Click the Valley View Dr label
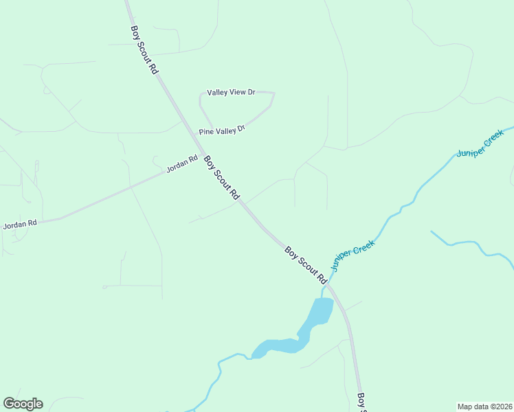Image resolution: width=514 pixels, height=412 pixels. (231, 92)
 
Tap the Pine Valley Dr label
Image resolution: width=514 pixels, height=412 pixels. (221, 130)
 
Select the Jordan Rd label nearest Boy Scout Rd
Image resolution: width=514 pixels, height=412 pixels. (182, 167)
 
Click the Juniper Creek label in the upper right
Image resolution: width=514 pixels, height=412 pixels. (480, 144)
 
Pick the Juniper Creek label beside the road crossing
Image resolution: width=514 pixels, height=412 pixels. (353, 255)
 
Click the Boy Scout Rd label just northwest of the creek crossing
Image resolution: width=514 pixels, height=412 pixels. (306, 266)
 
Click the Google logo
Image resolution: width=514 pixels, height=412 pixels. (23, 404)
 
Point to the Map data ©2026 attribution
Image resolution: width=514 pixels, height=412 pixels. (484, 407)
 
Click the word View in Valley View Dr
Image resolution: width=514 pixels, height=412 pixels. (238, 92)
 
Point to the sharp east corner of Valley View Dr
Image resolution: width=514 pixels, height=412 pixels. (273, 93)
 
